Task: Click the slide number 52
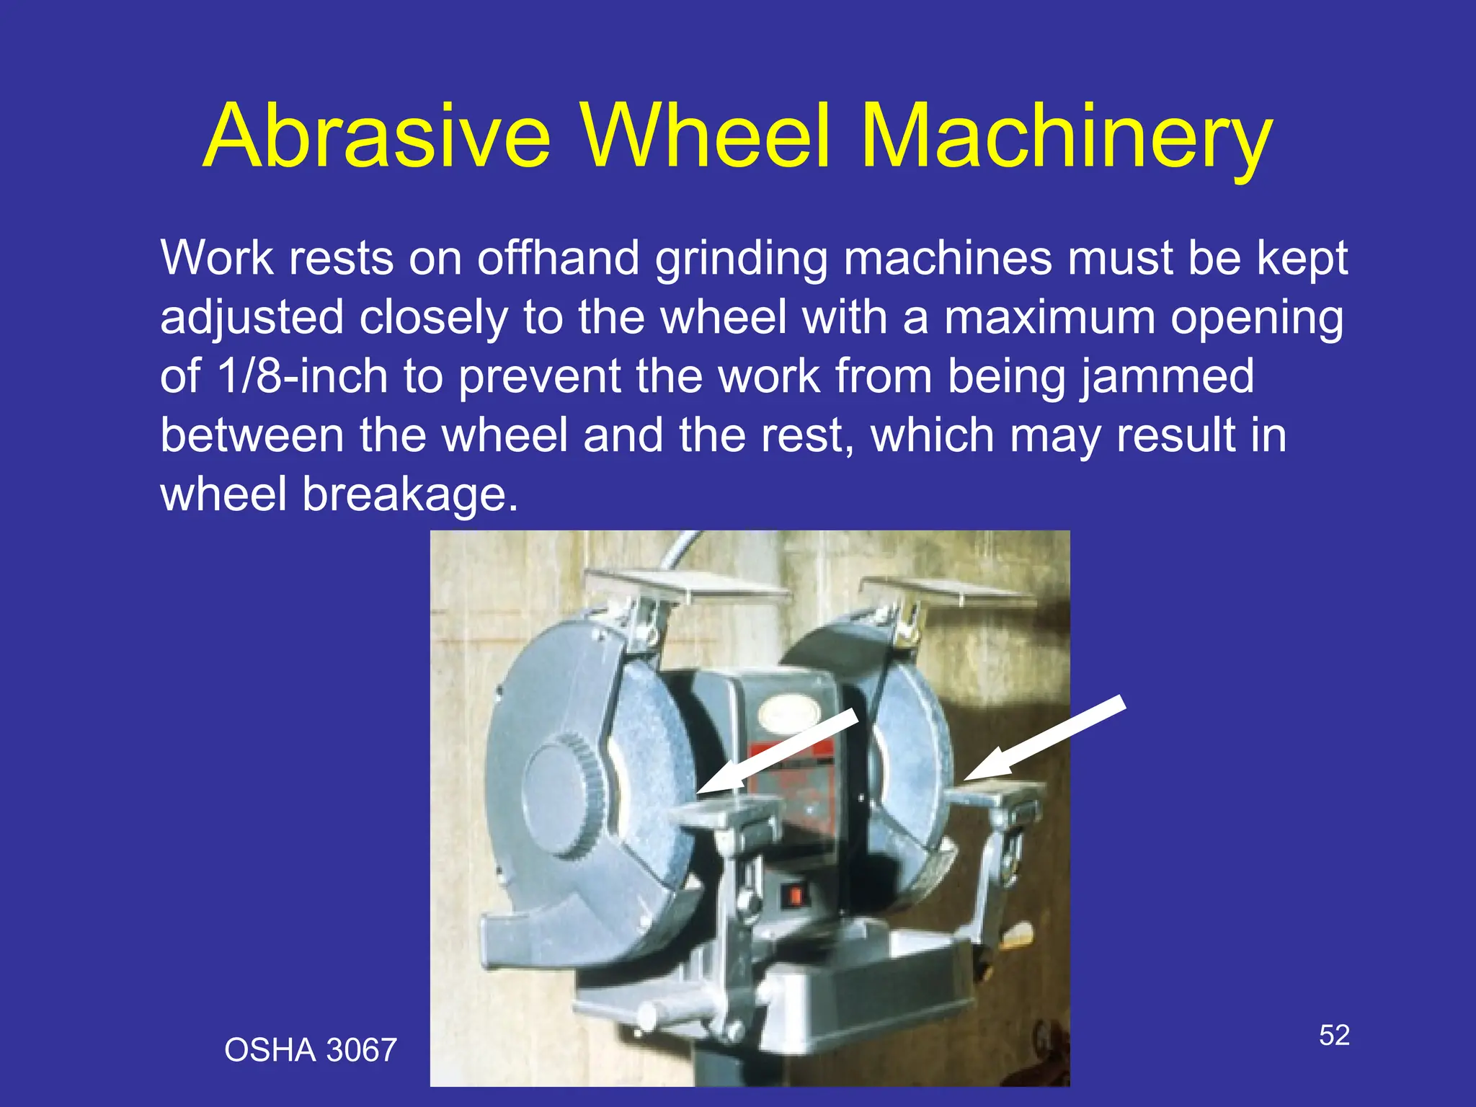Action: [x=1334, y=1036]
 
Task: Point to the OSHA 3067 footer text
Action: [x=311, y=1050]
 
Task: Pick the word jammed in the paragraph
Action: [x=1167, y=376]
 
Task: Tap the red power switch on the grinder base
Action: [x=795, y=896]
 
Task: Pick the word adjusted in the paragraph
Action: [x=252, y=319]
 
